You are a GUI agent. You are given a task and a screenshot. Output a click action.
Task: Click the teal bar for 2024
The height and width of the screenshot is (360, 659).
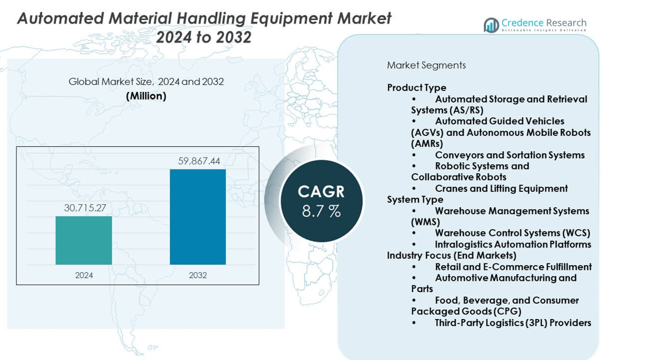(84, 240)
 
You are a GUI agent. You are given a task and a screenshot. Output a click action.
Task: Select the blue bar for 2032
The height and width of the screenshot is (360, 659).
(198, 217)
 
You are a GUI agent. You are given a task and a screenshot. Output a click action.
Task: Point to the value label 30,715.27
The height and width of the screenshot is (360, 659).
(85, 208)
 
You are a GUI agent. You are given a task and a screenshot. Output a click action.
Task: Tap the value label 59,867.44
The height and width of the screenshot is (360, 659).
(198, 161)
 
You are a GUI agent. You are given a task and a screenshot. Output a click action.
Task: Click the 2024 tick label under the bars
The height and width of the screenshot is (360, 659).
(84, 275)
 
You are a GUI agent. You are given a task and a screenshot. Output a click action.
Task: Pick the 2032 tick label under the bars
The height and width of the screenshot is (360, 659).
(198, 275)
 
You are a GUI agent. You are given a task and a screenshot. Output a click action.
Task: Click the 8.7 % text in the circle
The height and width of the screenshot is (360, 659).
(321, 211)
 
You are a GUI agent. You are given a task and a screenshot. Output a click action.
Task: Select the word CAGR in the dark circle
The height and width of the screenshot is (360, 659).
(321, 191)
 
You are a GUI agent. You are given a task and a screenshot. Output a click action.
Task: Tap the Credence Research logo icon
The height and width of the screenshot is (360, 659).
(491, 25)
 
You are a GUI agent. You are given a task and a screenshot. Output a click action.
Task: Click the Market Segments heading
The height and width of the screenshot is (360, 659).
(426, 65)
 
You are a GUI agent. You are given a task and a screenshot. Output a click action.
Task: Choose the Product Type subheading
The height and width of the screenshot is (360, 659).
(417, 88)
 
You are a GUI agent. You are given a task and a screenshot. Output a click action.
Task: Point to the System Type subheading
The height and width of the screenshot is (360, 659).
(415, 200)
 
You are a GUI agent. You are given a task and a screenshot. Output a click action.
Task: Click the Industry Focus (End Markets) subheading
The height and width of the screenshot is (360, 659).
(451, 255)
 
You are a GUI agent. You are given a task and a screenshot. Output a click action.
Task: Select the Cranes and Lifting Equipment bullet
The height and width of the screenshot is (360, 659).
(501, 188)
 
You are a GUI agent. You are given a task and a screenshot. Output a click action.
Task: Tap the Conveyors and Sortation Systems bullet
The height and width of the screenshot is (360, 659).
(509, 155)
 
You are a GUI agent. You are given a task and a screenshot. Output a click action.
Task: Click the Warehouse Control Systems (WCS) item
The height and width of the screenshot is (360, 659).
(512, 233)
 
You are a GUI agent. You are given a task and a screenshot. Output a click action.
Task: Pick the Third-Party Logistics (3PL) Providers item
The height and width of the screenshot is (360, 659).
(513, 323)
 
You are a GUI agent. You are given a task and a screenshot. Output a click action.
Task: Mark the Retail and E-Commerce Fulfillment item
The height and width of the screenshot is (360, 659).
(513, 267)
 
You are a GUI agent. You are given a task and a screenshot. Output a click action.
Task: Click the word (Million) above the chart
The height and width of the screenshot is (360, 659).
(146, 96)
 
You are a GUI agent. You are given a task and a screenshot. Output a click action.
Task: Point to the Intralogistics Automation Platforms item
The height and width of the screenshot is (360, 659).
(513, 244)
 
